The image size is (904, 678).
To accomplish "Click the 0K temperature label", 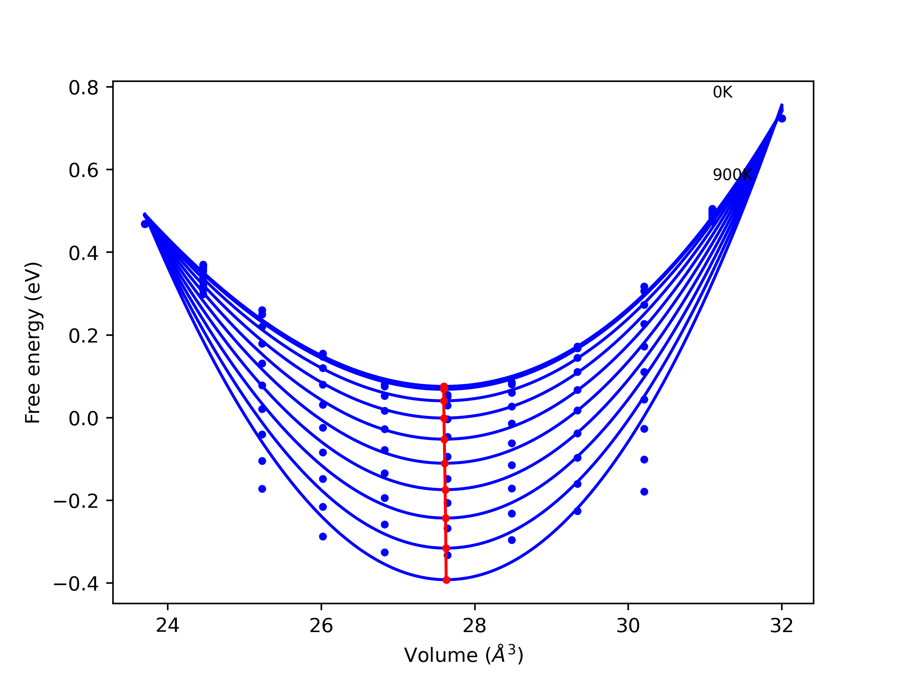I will coord(722,93).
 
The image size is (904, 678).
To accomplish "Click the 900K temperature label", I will coord(732,175).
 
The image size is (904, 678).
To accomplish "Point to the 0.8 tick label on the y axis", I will coord(83,88).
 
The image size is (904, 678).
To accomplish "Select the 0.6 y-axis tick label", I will coord(83,171).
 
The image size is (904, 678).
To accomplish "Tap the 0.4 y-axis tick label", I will coord(83,254).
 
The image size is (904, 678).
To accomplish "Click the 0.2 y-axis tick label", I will coord(83,336).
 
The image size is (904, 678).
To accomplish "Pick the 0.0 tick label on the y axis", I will coord(83,418).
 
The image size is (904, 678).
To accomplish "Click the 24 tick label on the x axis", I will coord(168,626).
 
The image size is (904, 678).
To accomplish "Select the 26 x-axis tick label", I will coord(321,626).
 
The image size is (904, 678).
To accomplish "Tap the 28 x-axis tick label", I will coord(475,626).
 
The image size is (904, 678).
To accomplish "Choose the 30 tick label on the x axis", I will coord(628,626).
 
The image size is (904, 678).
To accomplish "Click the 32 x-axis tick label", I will coord(781,626).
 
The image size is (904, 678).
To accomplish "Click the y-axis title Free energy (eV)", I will coord(33,343).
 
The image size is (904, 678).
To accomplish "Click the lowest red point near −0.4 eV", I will coord(446,580).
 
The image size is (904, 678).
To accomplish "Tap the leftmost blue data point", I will coord(145,224).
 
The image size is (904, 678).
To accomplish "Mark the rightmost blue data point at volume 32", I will coord(782,119).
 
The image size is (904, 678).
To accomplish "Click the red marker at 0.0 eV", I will coord(444,418).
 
